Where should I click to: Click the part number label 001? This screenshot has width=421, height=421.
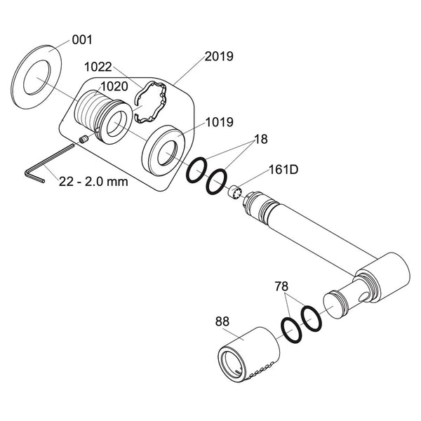[82, 40]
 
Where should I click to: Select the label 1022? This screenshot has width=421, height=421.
[99, 67]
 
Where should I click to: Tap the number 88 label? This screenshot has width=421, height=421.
[223, 321]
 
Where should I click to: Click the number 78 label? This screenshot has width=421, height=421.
[281, 286]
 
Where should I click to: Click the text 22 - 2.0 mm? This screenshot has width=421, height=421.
[88, 180]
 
